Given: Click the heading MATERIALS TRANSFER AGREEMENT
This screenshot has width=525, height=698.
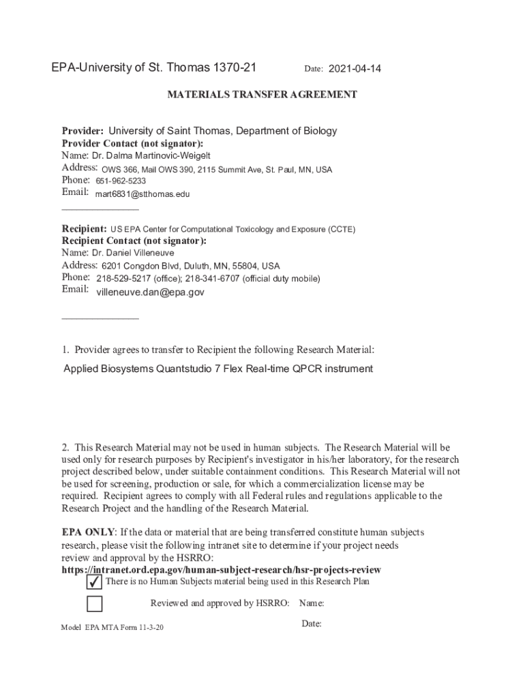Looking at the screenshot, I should click(x=262, y=95).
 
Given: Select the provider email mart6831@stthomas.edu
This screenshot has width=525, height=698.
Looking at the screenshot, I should click(x=142, y=194).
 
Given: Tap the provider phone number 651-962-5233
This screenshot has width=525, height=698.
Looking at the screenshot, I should click(x=121, y=181).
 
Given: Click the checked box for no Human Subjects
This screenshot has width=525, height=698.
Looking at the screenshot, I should click(x=95, y=583).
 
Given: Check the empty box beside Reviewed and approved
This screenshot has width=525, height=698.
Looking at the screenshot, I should click(x=95, y=604).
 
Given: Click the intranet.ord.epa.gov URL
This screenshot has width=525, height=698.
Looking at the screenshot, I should click(x=221, y=570).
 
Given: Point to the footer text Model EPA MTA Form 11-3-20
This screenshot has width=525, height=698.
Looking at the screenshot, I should click(x=112, y=627).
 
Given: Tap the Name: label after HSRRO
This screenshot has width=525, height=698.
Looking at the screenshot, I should click(x=311, y=603).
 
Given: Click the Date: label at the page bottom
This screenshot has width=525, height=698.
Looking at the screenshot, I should click(x=311, y=624).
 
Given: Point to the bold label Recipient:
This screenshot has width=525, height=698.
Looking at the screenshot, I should click(x=84, y=229).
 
